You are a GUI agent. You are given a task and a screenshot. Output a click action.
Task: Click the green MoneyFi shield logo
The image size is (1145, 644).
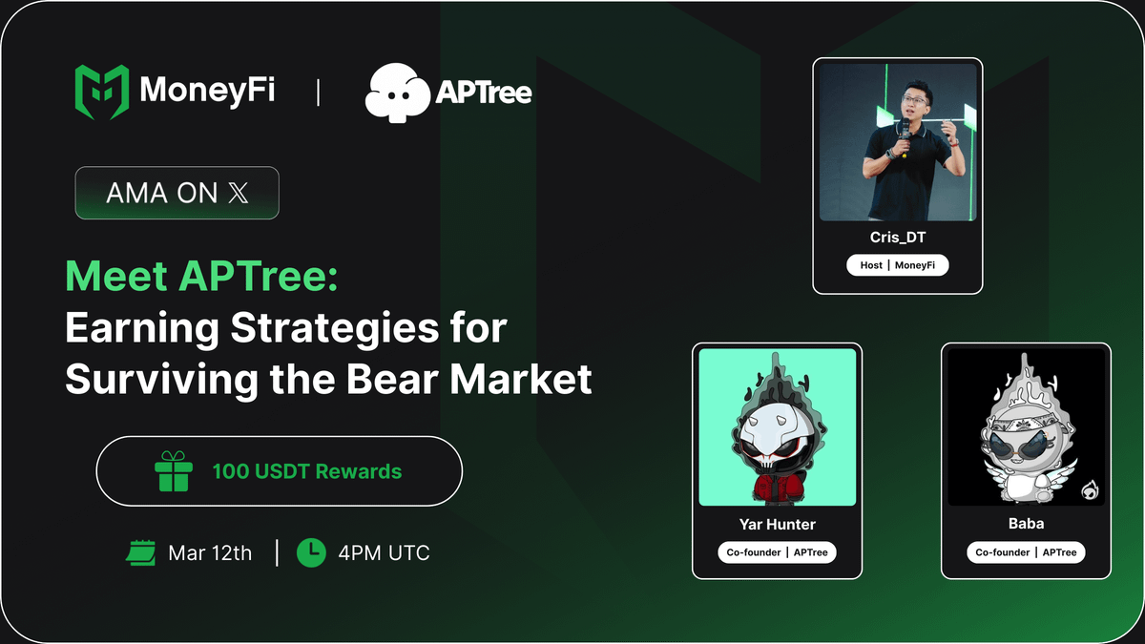(102, 93)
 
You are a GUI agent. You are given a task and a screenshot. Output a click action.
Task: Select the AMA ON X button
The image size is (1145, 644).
(177, 193)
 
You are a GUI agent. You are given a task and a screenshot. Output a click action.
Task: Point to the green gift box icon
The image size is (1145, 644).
(174, 471)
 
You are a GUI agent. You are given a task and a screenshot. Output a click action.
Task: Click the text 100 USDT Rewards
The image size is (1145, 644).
(306, 471)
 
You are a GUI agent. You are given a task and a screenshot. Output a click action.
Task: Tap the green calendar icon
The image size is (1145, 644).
(141, 552)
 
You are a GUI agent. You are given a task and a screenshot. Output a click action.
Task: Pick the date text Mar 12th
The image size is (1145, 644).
(210, 552)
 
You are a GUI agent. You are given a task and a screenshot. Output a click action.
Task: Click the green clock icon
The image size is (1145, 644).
(311, 552)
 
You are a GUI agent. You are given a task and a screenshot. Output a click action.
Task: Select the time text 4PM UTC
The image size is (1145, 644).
(384, 552)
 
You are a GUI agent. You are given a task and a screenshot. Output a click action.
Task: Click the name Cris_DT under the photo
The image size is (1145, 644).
(897, 238)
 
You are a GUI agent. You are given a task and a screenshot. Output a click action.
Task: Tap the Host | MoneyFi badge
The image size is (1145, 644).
(897, 265)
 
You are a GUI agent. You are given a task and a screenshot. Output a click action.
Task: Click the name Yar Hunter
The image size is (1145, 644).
(777, 524)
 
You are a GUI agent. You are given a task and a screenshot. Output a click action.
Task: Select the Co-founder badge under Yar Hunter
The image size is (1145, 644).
(777, 552)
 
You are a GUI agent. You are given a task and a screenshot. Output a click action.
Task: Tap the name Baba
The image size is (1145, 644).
(1026, 524)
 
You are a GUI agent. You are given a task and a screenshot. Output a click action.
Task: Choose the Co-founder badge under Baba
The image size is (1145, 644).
(1026, 552)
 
